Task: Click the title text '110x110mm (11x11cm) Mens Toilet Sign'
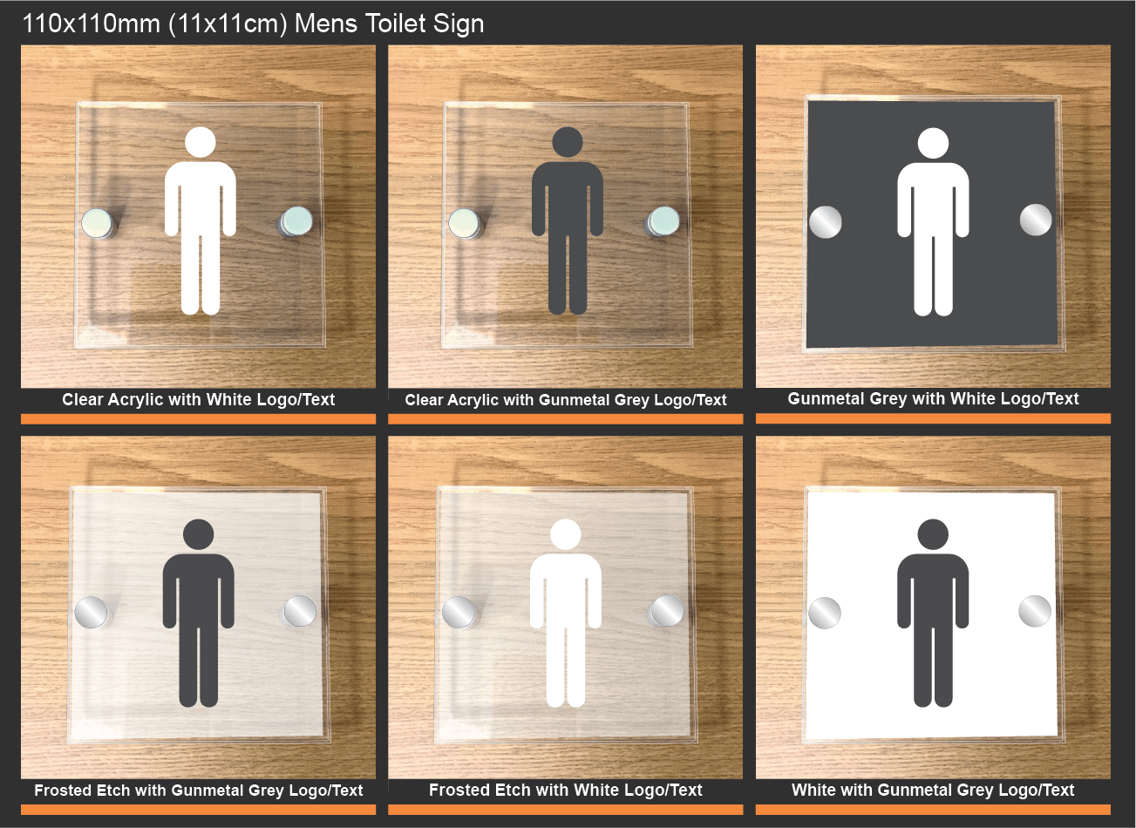tap(253, 24)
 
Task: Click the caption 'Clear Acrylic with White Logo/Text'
tap(198, 400)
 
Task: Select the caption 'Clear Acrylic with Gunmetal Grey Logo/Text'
tap(565, 400)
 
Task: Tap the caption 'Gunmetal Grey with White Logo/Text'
tap(933, 399)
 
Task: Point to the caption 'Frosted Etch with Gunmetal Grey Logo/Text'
tap(198, 791)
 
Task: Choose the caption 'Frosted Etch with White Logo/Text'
tap(565, 791)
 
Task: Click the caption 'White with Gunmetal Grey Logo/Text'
tap(933, 791)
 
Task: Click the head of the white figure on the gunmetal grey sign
tap(933, 143)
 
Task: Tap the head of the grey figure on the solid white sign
tap(933, 534)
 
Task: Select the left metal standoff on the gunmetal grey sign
tap(826, 222)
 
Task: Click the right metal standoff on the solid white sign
tap(1035, 611)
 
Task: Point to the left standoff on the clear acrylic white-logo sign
tap(98, 224)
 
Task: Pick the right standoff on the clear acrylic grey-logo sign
tap(663, 221)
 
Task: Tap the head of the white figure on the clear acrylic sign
tap(200, 142)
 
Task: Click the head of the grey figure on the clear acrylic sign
tap(568, 142)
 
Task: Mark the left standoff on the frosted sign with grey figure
tap(92, 613)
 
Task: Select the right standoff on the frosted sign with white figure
tap(667, 611)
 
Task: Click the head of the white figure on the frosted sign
tap(565, 534)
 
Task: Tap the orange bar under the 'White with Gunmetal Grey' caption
tap(933, 810)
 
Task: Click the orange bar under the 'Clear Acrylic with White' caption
tap(198, 419)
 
